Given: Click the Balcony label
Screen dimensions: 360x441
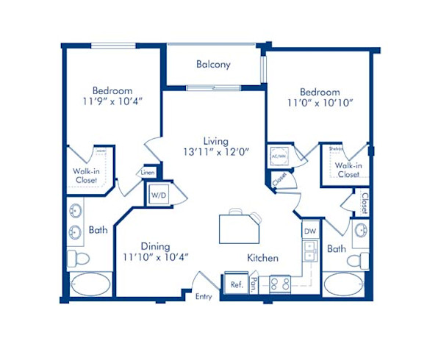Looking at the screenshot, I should [213, 65].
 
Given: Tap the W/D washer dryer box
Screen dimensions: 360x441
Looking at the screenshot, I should [159, 196].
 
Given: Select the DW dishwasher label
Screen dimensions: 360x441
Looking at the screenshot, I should [309, 231].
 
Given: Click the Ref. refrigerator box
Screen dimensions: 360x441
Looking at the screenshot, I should [236, 284].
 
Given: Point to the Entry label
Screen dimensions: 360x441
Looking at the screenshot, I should [203, 296].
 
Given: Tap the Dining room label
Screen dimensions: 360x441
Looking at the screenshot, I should [156, 246].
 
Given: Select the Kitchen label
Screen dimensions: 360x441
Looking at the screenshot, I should [262, 258].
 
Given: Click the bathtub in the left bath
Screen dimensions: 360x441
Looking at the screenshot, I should [91, 284].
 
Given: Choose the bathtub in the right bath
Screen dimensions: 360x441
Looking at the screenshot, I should [344, 284].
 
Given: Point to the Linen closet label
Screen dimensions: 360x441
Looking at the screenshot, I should [148, 173].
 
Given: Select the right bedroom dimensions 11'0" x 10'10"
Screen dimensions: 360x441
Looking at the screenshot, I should [320, 103].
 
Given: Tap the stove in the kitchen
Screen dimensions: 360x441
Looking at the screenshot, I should [279, 283].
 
